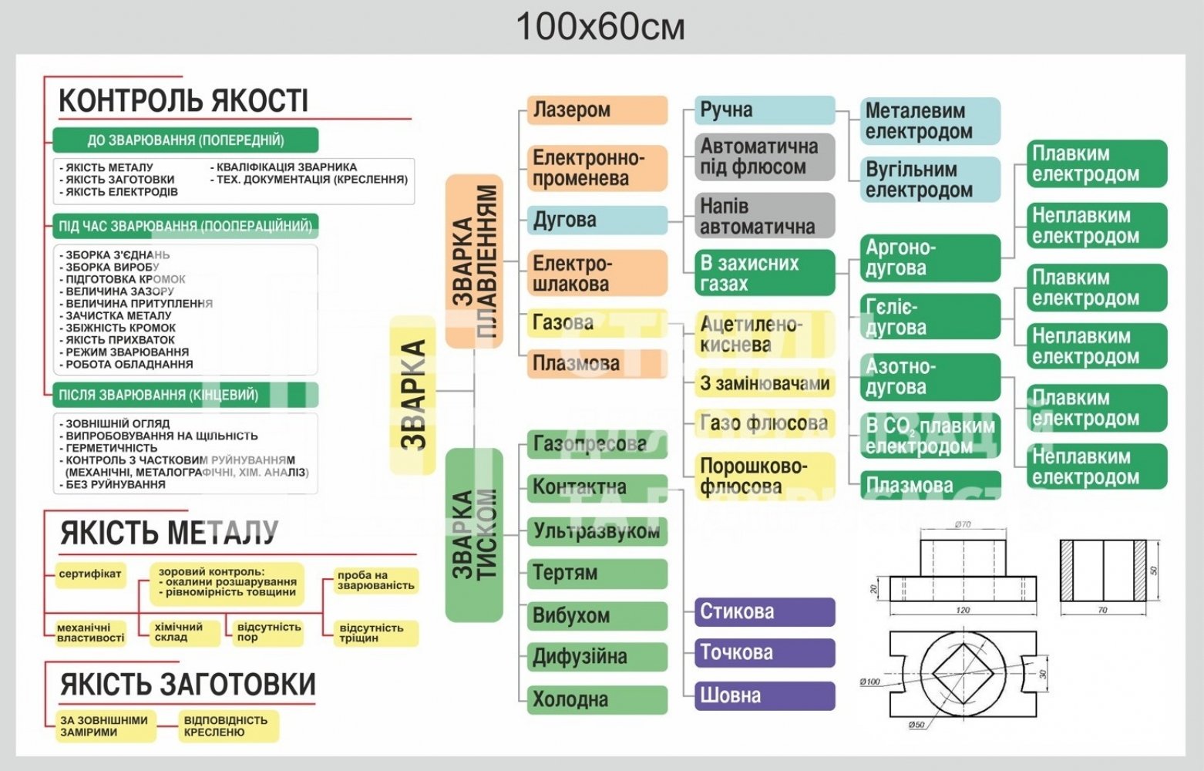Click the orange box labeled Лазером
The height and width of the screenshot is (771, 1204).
(x=597, y=109)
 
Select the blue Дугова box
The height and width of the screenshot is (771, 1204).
(x=597, y=220)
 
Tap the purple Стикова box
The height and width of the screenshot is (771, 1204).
(x=765, y=611)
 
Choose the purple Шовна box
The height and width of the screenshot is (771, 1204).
(x=765, y=695)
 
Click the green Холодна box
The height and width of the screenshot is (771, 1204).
(x=597, y=699)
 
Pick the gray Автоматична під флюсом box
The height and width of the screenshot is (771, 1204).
(x=765, y=157)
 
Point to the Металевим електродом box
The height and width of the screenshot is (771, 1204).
(x=930, y=121)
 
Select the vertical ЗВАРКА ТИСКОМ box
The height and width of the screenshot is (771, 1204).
(x=474, y=534)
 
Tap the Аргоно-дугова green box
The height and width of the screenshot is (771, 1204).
(x=930, y=258)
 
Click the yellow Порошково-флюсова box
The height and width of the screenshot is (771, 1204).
(x=765, y=476)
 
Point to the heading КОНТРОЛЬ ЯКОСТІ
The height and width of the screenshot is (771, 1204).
(x=183, y=101)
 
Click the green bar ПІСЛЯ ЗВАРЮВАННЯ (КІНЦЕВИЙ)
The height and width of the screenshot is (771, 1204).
(x=185, y=395)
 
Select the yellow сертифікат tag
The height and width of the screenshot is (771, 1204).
(x=90, y=574)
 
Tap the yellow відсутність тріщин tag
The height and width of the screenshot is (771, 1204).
(x=376, y=633)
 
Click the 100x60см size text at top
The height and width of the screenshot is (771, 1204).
(x=600, y=28)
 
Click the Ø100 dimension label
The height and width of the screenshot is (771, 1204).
(x=869, y=682)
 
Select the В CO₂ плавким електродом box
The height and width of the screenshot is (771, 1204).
(x=930, y=436)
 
